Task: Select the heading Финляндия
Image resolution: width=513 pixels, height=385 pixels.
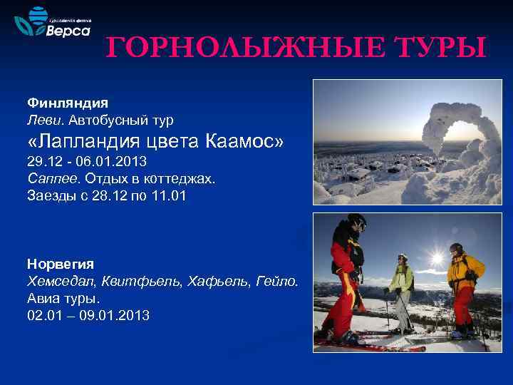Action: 67,103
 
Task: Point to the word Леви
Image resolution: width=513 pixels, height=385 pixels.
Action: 43,119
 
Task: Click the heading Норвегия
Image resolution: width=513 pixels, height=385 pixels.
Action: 61,263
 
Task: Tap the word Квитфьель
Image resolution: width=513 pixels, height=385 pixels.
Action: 138,282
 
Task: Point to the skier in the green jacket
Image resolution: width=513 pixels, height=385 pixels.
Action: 401,289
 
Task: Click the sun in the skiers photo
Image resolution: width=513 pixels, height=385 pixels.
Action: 437,257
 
